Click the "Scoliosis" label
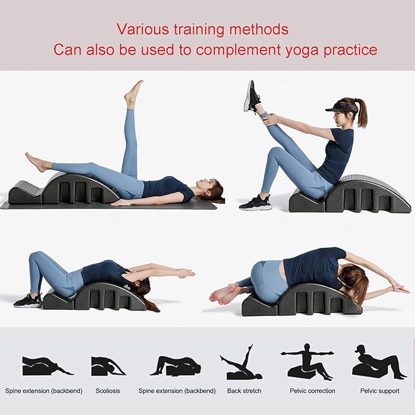pyautogui.click(x=108, y=391)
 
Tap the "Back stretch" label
pyautogui.click(x=244, y=391)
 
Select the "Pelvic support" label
pyautogui.click(x=380, y=391)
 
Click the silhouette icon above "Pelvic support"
pyautogui.click(x=378, y=363)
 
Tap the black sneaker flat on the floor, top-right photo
pyautogui.click(x=255, y=204)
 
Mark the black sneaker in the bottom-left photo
pyautogui.click(x=28, y=301)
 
